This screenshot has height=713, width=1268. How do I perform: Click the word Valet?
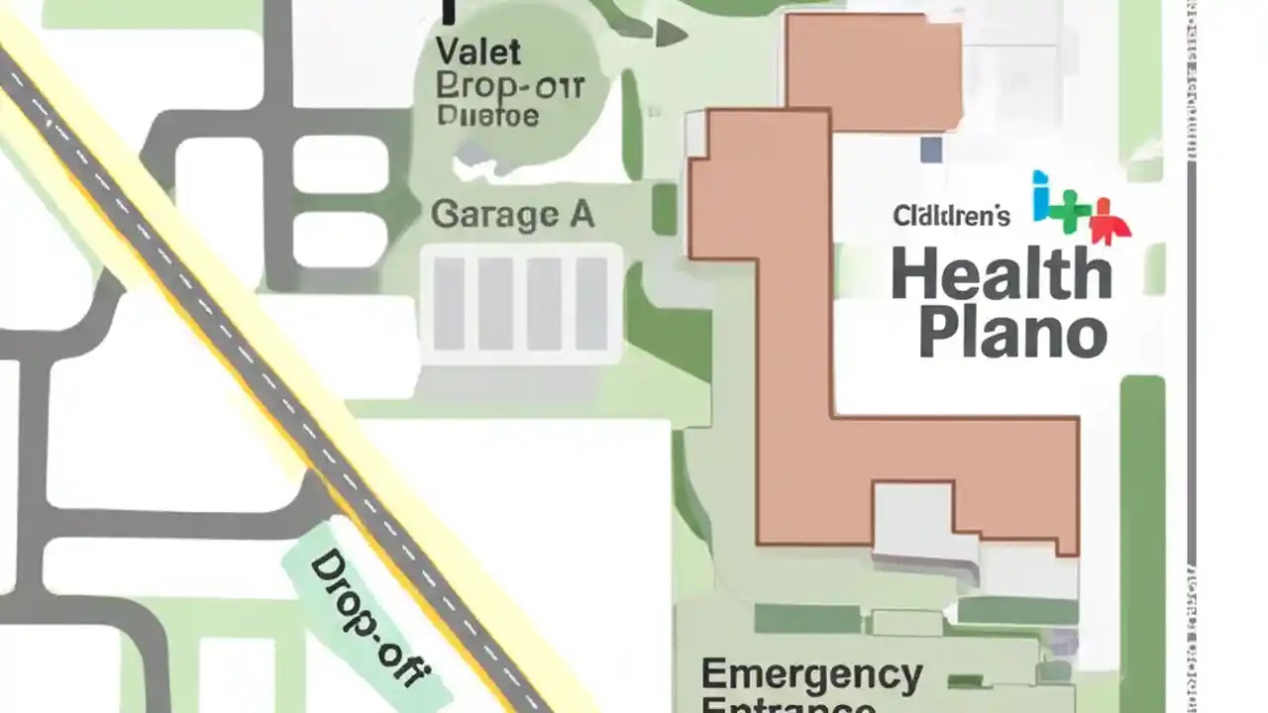[x=478, y=51]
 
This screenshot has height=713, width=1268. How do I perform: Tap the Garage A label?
[x=513, y=215]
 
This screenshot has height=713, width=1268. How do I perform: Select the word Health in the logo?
[x=1002, y=275]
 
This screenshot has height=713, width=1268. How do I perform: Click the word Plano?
[x=1011, y=334]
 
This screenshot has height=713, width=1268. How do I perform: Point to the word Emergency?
[x=811, y=676]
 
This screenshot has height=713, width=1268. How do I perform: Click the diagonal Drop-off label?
[x=368, y=619]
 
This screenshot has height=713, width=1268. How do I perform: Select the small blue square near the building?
[x=931, y=150]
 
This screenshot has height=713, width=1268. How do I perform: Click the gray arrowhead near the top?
[x=671, y=36]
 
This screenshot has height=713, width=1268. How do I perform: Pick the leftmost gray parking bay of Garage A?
[x=449, y=303]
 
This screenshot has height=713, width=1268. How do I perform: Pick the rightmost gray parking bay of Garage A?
[x=591, y=303]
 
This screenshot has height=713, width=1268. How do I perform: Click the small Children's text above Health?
[x=951, y=215]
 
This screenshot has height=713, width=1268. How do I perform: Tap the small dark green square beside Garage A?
[x=664, y=210]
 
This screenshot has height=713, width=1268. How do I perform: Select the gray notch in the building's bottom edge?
[x=911, y=515]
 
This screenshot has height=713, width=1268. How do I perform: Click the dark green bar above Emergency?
[x=807, y=619]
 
